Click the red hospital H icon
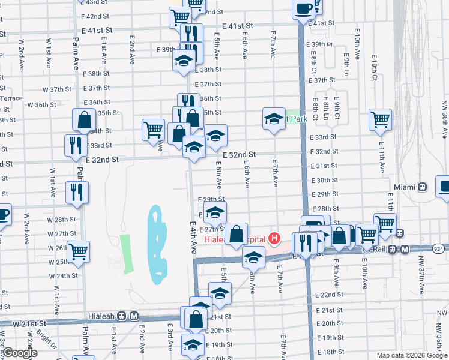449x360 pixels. pos(274,239)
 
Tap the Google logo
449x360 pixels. pos(20,353)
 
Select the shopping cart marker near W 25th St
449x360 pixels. pos(79,251)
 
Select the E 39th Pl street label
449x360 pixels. pos(319,44)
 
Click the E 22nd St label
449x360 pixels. pos(328,295)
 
